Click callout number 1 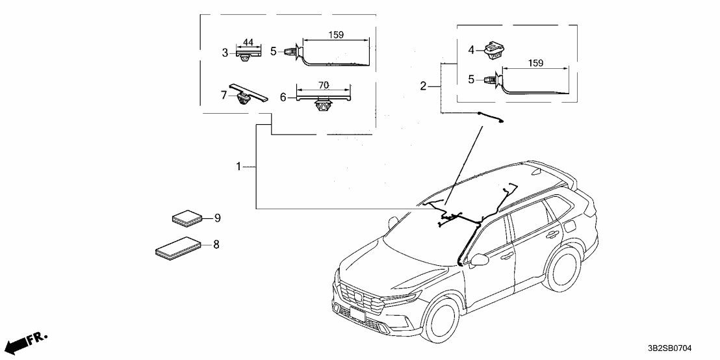[238, 167]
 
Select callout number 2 [423, 86]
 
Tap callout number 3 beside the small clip [225, 53]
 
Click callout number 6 [283, 97]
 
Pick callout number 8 [216, 244]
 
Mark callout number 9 [218, 218]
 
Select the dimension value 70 [324, 85]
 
